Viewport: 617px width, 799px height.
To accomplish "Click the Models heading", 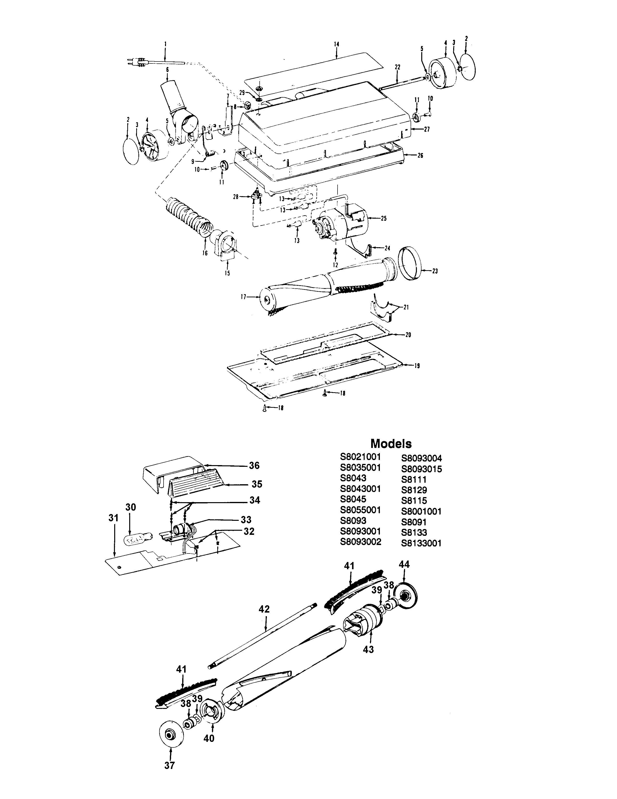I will click(391, 444).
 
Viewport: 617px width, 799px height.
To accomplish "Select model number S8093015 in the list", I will click(421, 469).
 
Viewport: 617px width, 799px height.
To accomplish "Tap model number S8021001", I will click(361, 457).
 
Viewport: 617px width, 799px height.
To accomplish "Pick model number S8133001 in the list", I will click(421, 543).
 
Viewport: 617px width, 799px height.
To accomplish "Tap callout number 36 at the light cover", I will click(254, 465).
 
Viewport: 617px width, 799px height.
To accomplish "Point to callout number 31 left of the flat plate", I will click(114, 518).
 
